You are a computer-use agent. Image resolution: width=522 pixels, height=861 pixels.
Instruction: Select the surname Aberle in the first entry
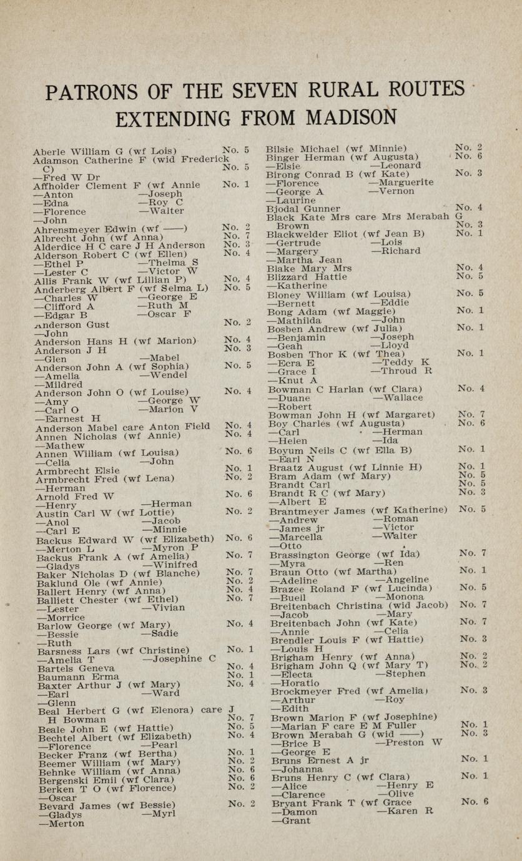click(51, 151)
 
